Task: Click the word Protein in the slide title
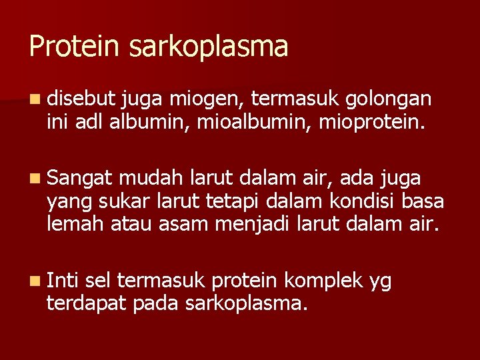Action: tap(63, 47)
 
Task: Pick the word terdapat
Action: tap(87, 305)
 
